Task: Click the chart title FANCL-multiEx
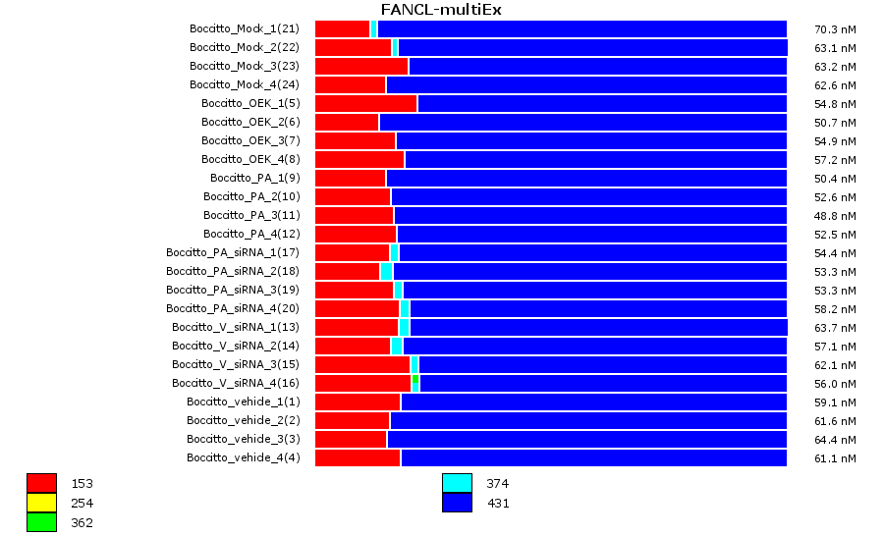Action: tap(442, 10)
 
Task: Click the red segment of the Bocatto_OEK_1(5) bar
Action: tap(365, 103)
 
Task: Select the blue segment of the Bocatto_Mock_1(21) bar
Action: tap(581, 28)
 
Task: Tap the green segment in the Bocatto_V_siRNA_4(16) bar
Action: tap(415, 383)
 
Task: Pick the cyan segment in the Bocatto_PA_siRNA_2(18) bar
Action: tap(386, 271)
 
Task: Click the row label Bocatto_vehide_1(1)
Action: tap(244, 402)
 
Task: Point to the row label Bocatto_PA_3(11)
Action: tap(251, 215)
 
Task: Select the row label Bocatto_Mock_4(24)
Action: tap(245, 84)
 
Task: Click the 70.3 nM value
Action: tap(835, 28)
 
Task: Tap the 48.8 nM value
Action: tap(835, 215)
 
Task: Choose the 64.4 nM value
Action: tap(835, 439)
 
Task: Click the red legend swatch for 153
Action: tap(41, 483)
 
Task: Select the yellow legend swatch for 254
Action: tap(41, 503)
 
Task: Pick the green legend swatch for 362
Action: tap(41, 522)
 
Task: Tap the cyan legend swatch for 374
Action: tap(457, 483)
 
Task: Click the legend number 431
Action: tap(498, 504)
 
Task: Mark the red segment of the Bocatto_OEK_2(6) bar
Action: tap(347, 122)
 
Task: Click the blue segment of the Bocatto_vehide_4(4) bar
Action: tap(593, 457)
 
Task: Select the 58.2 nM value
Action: tap(835, 308)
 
